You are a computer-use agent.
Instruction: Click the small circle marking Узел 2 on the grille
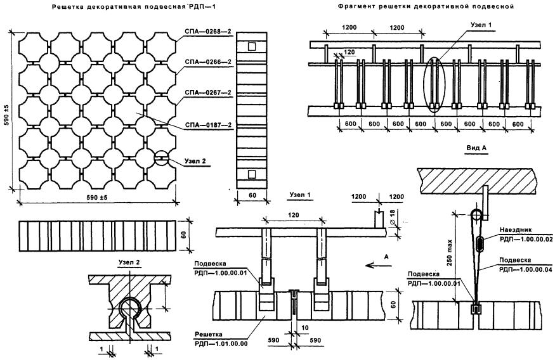click(162, 158)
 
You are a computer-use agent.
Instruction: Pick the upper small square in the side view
click(251, 46)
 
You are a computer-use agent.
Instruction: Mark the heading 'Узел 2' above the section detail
click(129, 262)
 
